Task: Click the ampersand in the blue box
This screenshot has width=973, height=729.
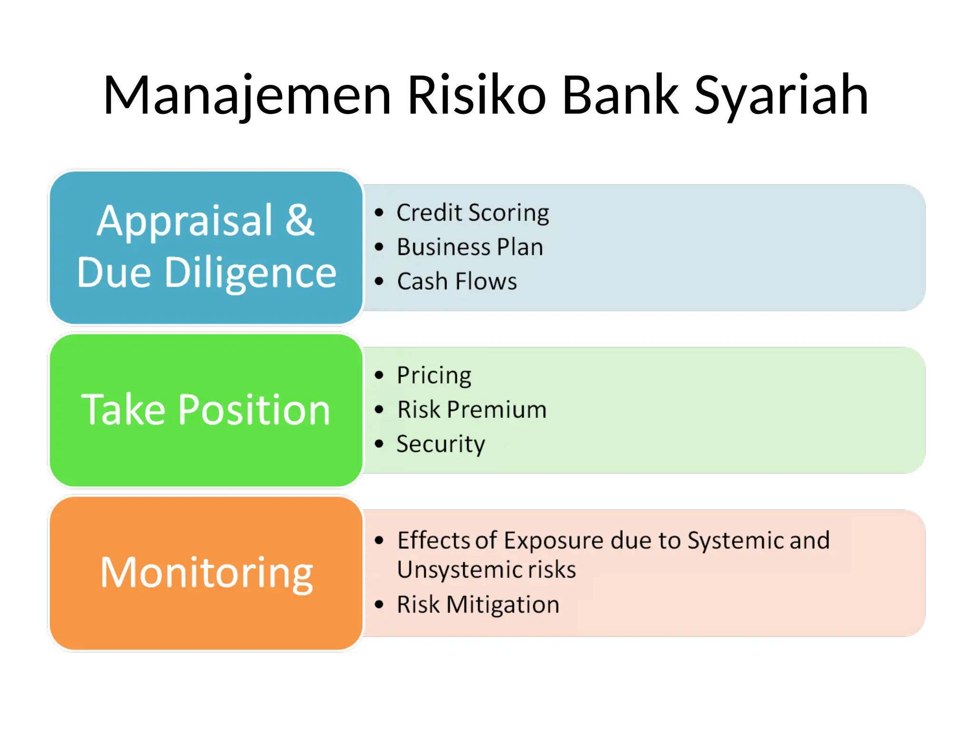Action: [x=299, y=220]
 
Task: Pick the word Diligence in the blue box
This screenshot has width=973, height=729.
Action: [x=250, y=273]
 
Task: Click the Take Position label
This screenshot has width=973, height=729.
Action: [x=206, y=410]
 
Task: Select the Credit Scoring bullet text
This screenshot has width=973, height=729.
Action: [x=473, y=213]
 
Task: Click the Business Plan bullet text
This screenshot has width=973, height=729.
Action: [x=470, y=247]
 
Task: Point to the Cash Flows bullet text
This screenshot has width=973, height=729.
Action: [x=457, y=281]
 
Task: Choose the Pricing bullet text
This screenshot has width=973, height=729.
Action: [x=434, y=375]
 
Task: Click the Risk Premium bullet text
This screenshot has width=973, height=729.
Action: [x=472, y=410]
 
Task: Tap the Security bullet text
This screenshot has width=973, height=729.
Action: [x=440, y=444]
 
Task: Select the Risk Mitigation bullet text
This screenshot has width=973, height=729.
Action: [x=478, y=605]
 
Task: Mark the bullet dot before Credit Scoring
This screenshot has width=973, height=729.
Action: [x=379, y=213]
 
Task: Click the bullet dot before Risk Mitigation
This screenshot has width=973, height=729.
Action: [x=379, y=605]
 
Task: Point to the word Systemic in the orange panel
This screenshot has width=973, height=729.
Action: [x=735, y=541]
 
